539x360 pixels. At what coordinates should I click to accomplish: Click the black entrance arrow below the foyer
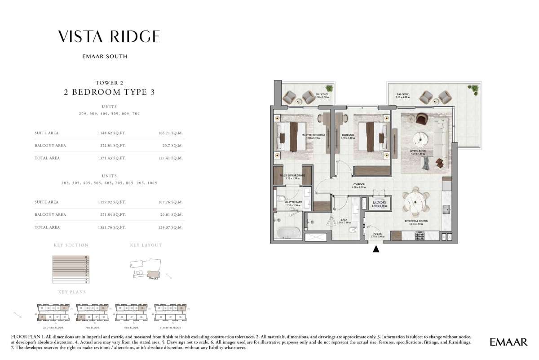pos(376,249)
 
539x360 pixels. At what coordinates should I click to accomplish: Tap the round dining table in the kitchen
pos(415,204)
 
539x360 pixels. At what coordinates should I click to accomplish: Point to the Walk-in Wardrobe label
pos(292,177)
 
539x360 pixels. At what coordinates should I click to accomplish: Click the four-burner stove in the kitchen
pos(421,236)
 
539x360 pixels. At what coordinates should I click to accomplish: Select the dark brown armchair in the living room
pos(422,119)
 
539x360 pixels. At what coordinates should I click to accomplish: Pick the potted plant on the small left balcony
pos(330,89)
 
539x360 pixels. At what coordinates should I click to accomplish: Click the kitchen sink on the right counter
pos(446,209)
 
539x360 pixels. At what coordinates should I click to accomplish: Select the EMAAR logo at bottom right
pos(508,342)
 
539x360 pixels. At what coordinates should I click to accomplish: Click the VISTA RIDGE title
pos(109,36)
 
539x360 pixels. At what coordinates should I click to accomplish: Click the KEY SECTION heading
pos(71,245)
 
